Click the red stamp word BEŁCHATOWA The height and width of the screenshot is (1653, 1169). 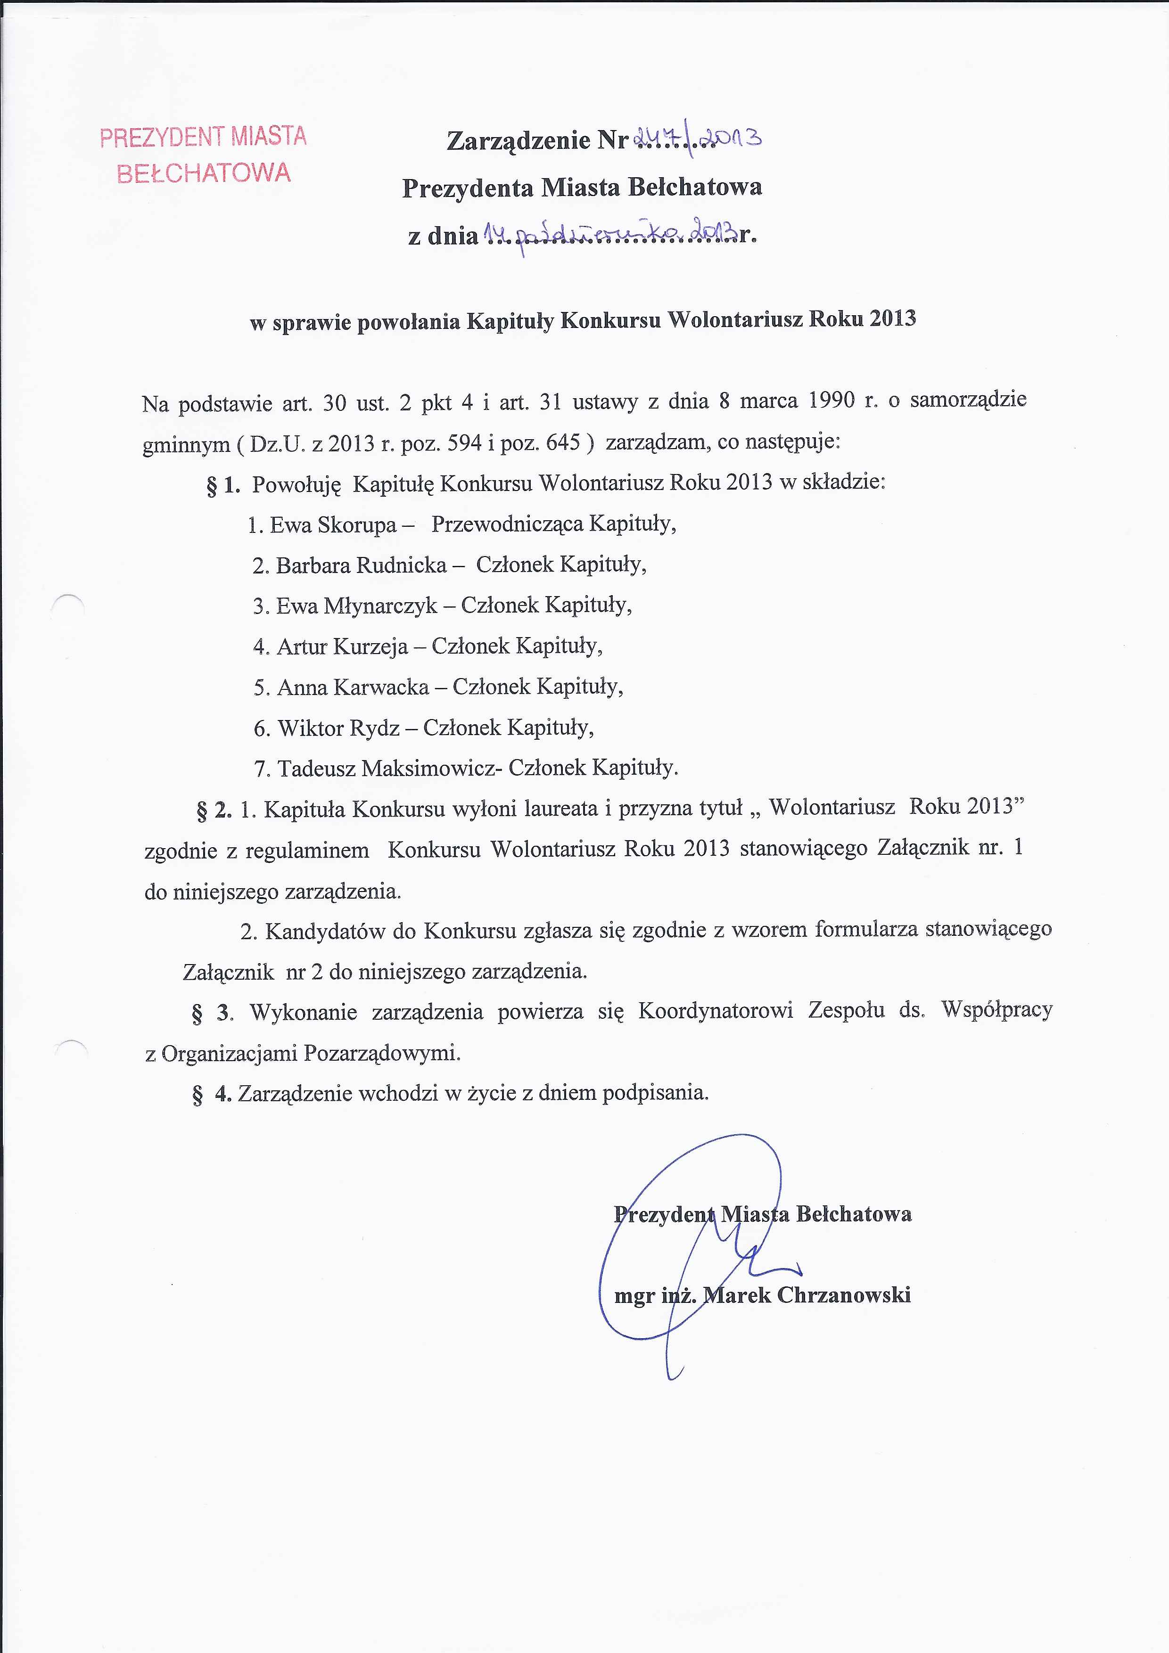pyautogui.click(x=204, y=173)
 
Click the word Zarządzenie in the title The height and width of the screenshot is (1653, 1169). pyautogui.click(x=519, y=139)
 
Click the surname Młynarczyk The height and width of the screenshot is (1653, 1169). pyautogui.click(x=380, y=606)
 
